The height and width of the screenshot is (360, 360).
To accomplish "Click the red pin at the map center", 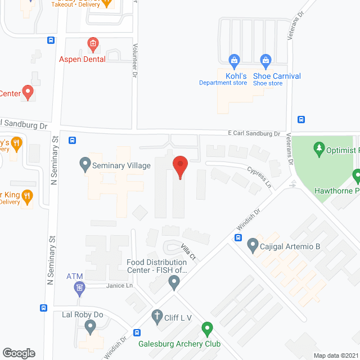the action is pos(179,166).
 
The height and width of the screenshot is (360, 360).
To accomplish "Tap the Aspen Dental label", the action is pos(82,59).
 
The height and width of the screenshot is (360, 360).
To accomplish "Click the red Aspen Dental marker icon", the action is pos(93,43).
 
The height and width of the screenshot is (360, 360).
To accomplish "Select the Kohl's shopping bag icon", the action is pos(234,59).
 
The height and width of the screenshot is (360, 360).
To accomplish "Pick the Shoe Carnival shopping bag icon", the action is pos(265,59).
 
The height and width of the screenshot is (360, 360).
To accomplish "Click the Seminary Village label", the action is pos(121,165).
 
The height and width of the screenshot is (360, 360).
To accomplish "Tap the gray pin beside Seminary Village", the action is pos(85,164).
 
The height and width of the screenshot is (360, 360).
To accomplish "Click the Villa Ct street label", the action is pos(188,251).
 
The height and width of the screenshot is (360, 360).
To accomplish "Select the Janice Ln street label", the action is pos(121,286).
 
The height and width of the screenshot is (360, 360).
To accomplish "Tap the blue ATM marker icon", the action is pos(79,289).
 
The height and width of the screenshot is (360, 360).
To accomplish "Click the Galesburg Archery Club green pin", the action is pos(207,328).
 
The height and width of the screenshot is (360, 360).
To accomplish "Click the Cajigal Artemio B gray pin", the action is pos(253,245).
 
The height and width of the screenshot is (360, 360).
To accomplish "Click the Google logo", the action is pos(19,353).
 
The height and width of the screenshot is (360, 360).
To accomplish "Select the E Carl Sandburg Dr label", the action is pos(254,133).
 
